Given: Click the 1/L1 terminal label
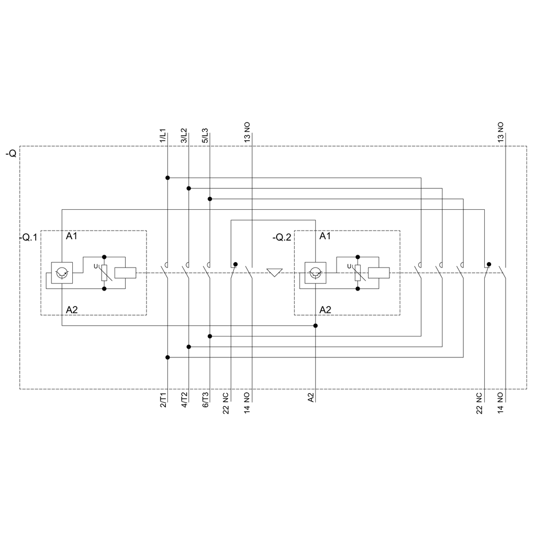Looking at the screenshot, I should [x=163, y=135].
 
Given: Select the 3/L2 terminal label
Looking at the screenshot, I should [x=185, y=135].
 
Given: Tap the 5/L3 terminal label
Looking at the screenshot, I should [x=205, y=135].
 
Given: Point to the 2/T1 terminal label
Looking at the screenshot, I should [x=163, y=401].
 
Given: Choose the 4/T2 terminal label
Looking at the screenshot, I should [x=185, y=401].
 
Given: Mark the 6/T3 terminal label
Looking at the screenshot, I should [x=205, y=401].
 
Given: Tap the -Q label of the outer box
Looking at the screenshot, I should [x=11, y=154].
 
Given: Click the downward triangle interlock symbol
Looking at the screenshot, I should [x=274, y=273].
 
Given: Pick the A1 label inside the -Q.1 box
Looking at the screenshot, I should [x=72, y=236].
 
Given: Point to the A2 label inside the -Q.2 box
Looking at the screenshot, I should [x=325, y=310].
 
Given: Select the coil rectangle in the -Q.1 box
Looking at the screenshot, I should [x=126, y=273].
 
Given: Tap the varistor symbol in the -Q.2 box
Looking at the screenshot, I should [x=358, y=273].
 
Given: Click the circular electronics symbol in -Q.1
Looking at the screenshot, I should [x=63, y=272].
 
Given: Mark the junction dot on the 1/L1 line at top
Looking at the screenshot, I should [x=167, y=178].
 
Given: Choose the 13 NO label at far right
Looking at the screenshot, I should [x=501, y=132].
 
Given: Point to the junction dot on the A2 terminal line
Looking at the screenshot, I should [x=316, y=326].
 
